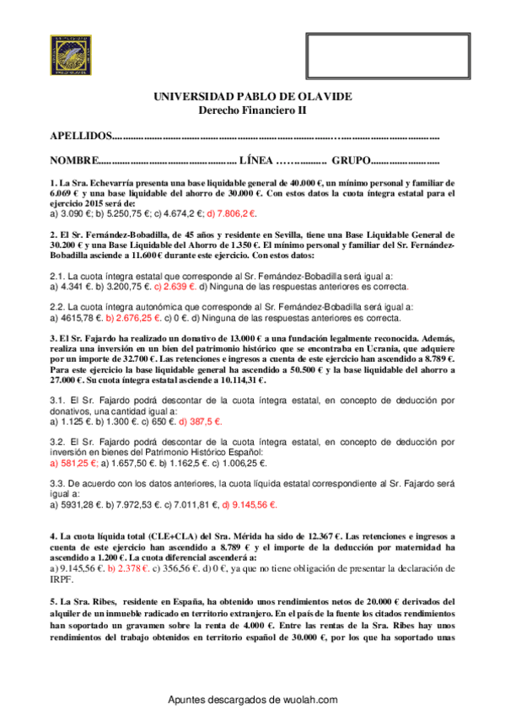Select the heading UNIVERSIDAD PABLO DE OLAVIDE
[252, 97]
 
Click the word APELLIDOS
[80, 136]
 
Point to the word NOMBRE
[74, 160]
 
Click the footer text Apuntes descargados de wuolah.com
[253, 700]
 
